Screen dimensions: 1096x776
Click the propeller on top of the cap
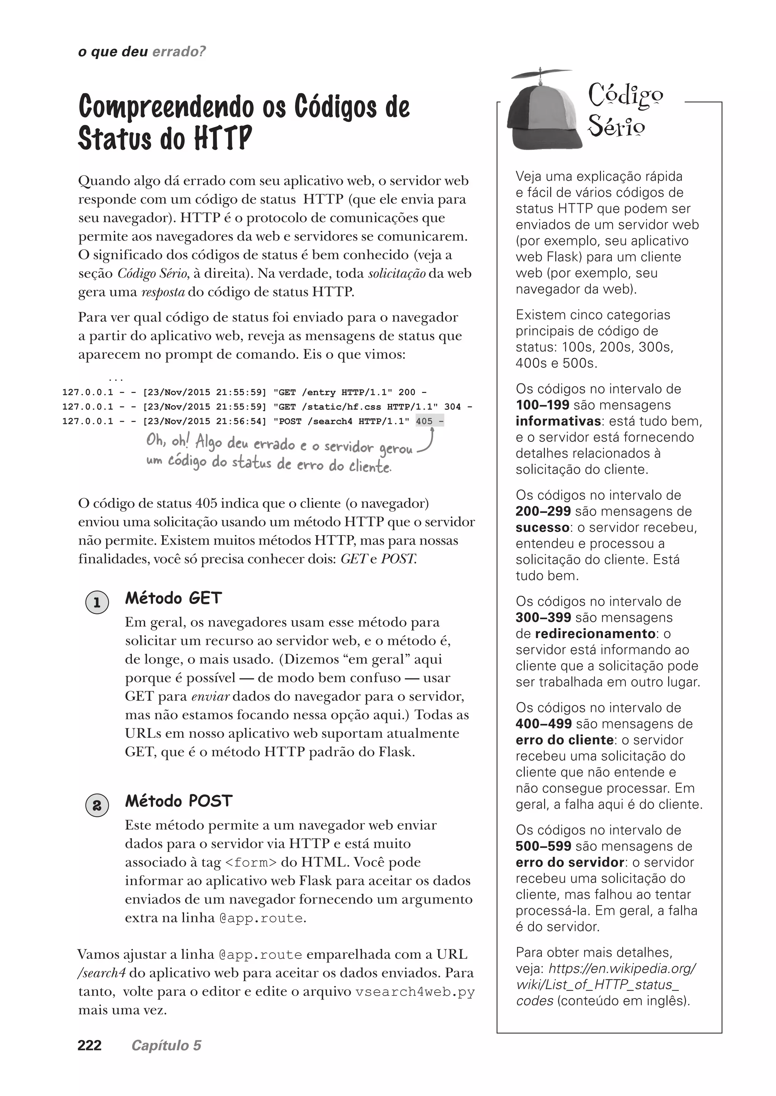(541, 74)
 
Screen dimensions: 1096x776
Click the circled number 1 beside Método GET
(97, 602)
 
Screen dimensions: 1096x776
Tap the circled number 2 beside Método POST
(97, 805)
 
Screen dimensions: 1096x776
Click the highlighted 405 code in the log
(424, 421)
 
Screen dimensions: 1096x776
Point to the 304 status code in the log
(452, 407)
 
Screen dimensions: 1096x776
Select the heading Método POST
(179, 801)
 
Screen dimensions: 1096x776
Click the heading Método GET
(174, 598)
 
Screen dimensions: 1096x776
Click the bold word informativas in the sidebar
(558, 421)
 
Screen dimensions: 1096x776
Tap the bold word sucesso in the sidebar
(542, 527)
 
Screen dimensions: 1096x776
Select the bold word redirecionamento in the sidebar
(595, 633)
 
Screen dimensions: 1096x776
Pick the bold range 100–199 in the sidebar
(542, 405)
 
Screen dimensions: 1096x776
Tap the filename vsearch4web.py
(415, 992)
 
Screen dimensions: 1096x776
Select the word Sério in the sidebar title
(616, 127)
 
